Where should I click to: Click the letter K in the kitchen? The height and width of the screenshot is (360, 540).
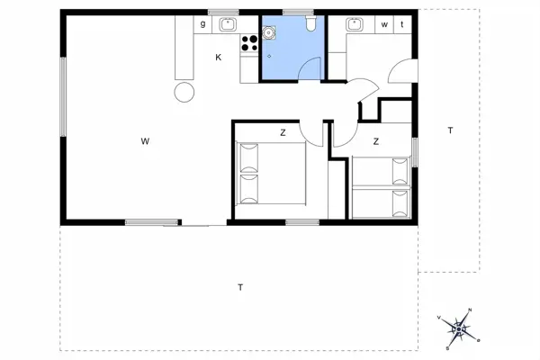tap(218, 58)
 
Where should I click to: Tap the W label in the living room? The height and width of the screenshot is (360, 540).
tap(144, 141)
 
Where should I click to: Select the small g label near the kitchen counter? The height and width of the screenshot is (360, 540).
tap(203, 24)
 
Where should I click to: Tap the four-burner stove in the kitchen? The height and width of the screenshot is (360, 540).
tap(249, 42)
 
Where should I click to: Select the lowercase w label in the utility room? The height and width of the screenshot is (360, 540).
tap(384, 24)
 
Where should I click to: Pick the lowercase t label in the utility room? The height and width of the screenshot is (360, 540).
tap(401, 24)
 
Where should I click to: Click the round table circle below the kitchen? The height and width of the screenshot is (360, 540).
tap(184, 91)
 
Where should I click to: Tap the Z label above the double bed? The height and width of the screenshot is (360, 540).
tap(283, 132)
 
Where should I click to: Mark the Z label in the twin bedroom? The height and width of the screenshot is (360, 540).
tap(375, 141)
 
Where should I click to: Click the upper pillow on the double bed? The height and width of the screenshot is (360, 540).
tap(249, 159)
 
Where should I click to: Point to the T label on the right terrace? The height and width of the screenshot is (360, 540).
tap(449, 131)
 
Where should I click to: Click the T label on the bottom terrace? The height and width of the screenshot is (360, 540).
tap(240, 288)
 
